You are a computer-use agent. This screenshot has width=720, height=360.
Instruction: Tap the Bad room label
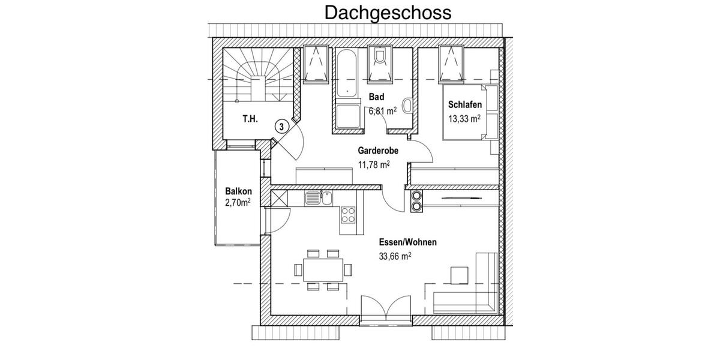tap(376, 97)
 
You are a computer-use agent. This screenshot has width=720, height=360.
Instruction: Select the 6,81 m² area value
tap(382, 110)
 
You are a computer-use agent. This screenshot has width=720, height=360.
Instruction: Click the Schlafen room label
tap(465, 105)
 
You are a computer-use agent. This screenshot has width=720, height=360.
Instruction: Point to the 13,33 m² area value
tap(464, 119)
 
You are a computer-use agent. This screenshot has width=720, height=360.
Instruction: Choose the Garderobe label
tap(379, 151)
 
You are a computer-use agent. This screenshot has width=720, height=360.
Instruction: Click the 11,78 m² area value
tap(375, 165)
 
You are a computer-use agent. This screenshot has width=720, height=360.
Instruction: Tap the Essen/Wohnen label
tap(407, 242)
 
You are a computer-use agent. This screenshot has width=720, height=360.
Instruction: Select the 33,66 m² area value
tap(394, 256)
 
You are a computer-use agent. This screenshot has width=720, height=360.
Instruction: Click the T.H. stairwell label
tap(250, 119)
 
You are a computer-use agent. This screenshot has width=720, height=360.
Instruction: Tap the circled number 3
tap(281, 126)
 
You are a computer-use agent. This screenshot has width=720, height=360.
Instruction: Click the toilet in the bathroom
tap(379, 60)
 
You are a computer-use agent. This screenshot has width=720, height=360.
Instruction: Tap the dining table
tap(323, 269)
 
